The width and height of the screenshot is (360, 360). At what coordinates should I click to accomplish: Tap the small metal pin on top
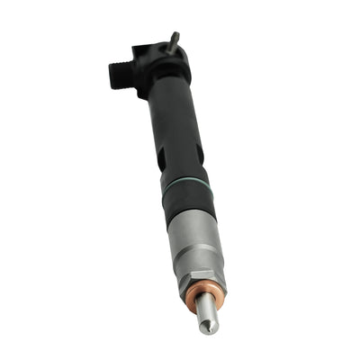[174, 41]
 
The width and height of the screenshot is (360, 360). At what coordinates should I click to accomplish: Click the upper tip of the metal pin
[175, 35]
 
